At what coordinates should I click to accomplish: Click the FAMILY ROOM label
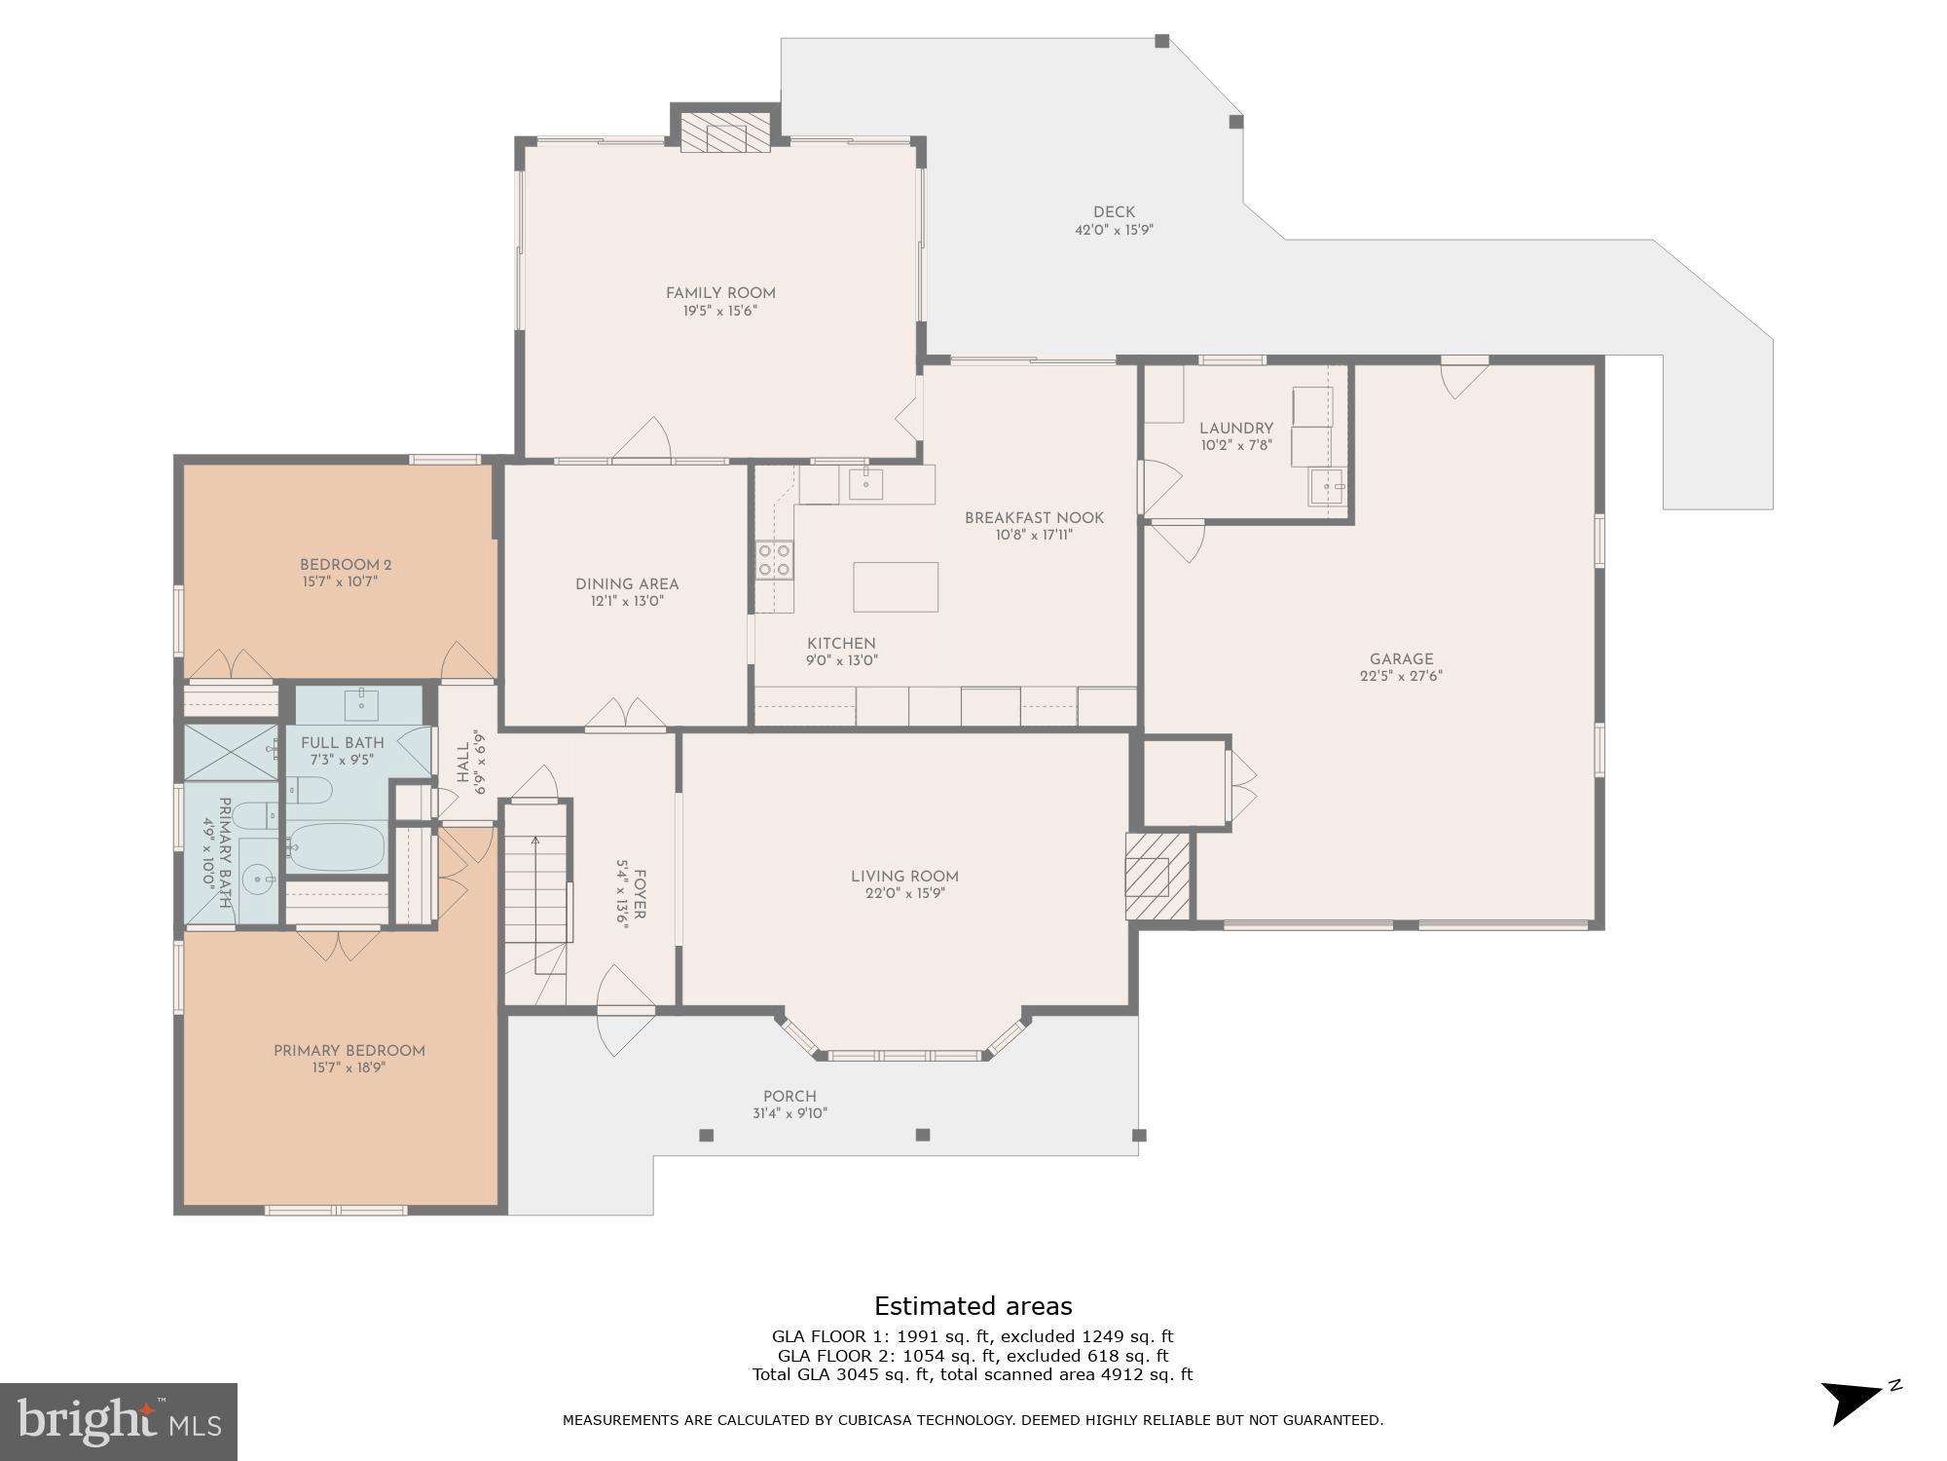(x=720, y=293)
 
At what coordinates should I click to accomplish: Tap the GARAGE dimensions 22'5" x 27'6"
(x=1401, y=677)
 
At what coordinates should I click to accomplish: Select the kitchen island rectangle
(x=896, y=586)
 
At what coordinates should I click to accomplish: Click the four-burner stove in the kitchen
(x=775, y=560)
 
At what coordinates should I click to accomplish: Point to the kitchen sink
(x=864, y=483)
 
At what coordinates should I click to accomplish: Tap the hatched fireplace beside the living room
(x=1157, y=875)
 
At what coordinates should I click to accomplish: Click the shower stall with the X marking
(x=231, y=751)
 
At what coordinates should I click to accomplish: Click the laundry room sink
(x=1326, y=486)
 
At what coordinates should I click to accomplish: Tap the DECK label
(x=1114, y=212)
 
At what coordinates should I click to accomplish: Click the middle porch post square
(x=923, y=1135)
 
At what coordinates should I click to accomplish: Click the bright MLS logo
(x=118, y=1422)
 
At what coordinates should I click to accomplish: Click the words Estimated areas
(x=973, y=1306)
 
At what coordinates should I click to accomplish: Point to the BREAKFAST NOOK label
(x=1034, y=518)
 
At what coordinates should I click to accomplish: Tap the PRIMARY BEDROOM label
(x=349, y=1051)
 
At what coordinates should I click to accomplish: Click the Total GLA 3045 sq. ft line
(x=973, y=1374)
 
